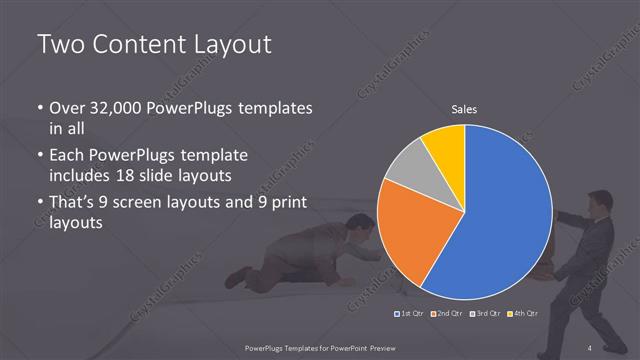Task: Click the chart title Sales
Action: [x=463, y=109]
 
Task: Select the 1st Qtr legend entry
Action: [x=408, y=315]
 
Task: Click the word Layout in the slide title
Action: [x=229, y=45]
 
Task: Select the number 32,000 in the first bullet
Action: [x=111, y=108]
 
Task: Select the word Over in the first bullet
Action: [x=68, y=108]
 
